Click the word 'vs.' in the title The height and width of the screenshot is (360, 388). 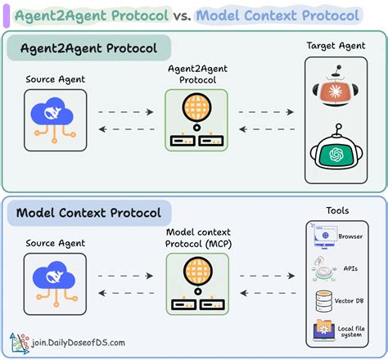pos(183,15)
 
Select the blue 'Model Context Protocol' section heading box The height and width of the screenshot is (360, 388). pos(88,214)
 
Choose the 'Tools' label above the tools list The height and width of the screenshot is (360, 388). pos(336,210)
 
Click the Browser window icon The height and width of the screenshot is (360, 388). pos(321,236)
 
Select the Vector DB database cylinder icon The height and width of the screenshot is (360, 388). pos(321,299)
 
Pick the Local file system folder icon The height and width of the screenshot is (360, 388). pos(321,331)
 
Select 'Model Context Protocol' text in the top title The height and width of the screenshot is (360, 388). pos(278,15)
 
